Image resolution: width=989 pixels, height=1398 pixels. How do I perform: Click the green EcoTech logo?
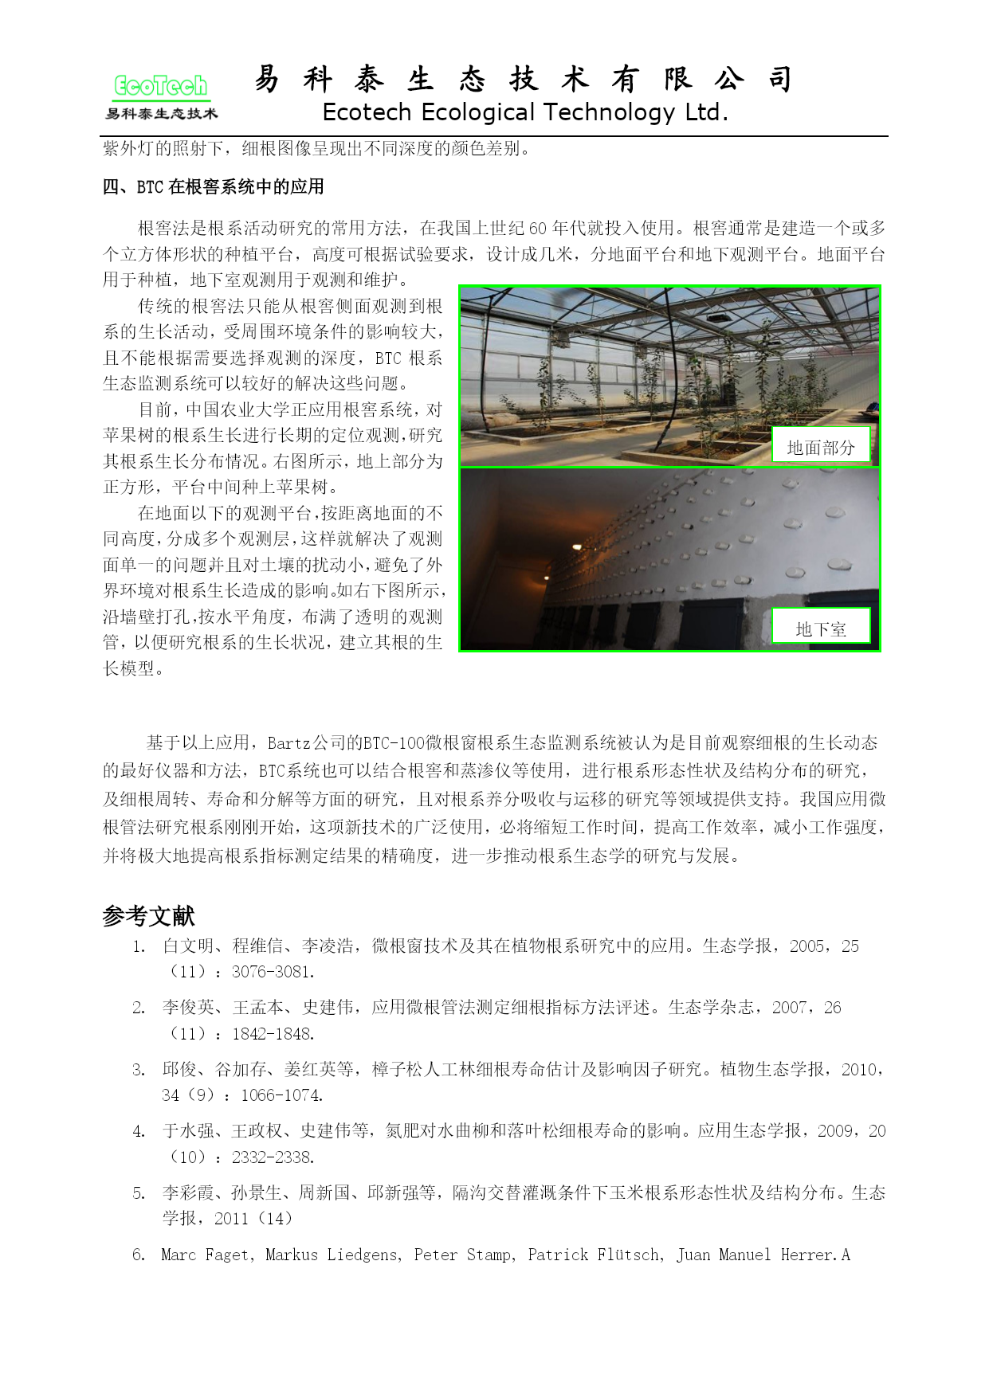pos(160,86)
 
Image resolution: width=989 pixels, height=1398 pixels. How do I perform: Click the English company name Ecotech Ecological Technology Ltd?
pos(525,112)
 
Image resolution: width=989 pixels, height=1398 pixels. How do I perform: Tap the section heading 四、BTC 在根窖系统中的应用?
pos(214,187)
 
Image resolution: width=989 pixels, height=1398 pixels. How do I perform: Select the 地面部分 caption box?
pos(820,447)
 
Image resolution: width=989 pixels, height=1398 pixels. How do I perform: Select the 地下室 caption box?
pos(820,629)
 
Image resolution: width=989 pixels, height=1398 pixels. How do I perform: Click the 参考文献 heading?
pos(148,916)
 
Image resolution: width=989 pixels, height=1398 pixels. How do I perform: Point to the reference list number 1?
pos(139,946)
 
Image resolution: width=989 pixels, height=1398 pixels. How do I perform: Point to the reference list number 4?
pos(139,1131)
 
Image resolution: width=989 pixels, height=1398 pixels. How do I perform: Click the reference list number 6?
pos(139,1255)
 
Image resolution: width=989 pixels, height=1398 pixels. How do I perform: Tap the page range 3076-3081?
pos(273,972)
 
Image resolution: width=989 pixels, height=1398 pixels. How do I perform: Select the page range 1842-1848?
pos(273,1034)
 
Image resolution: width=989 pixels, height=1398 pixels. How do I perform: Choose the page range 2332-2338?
pos(273,1157)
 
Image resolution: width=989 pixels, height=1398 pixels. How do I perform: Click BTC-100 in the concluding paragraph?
pos(394,743)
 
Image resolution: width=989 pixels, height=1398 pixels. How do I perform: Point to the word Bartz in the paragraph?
pos(288,743)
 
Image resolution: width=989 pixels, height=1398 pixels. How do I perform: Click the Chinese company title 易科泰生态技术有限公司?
pos(524,79)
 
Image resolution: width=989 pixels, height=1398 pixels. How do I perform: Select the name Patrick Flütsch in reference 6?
pos(595,1255)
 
